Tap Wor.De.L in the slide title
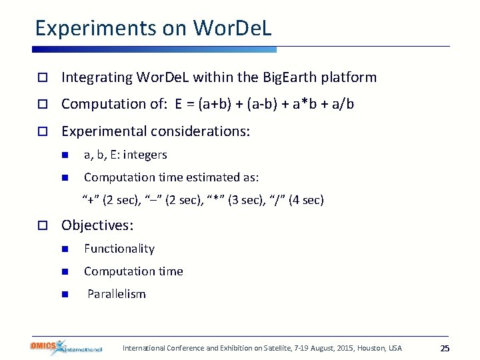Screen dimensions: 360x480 [233, 29]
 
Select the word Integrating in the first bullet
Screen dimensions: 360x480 [97, 77]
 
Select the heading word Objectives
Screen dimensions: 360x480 [97, 225]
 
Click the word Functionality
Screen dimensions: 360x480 [119, 249]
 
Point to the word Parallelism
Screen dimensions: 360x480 [117, 294]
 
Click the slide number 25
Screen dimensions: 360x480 [445, 349]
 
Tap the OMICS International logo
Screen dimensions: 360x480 [66, 347]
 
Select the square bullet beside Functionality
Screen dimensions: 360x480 [65, 249]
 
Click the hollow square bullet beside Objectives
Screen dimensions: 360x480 [42, 226]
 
